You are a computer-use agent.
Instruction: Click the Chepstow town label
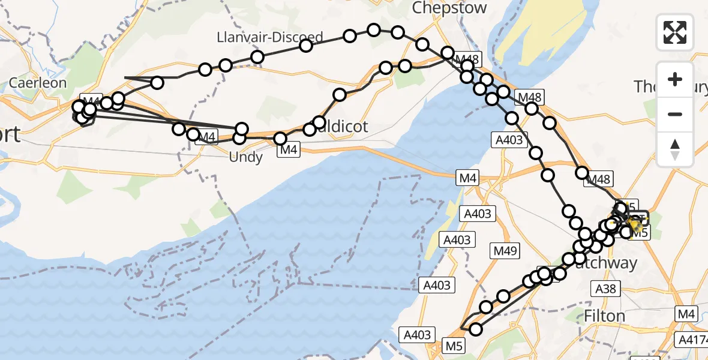(449, 8)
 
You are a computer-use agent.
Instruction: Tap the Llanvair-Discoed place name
(270, 37)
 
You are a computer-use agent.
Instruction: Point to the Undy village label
(246, 157)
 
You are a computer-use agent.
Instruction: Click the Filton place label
(604, 316)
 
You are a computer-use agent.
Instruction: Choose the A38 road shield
(605, 289)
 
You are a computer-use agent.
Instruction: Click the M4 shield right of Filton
(686, 313)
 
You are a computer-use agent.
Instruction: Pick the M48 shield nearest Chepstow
(467, 59)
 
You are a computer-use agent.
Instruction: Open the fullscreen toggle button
(675, 32)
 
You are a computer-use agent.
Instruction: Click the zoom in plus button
(675, 79)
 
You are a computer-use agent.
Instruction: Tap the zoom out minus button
(675, 114)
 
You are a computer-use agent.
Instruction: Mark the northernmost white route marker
(374, 30)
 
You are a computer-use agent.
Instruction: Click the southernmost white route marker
(476, 329)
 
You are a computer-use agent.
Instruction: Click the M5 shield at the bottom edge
(454, 345)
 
